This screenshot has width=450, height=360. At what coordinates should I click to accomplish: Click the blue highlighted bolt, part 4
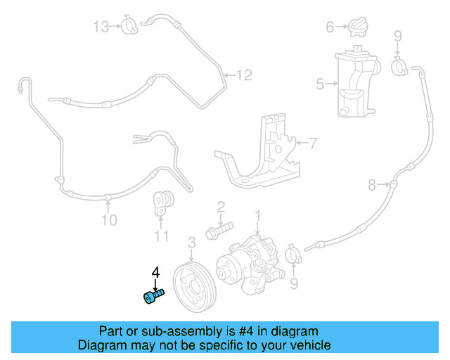coord(153,297)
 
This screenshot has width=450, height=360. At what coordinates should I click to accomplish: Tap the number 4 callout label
coord(155,271)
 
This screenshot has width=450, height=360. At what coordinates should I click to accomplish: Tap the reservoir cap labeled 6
coord(357,27)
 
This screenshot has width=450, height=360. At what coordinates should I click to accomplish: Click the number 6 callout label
coord(329,27)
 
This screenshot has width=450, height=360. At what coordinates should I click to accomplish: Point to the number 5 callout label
coord(320,84)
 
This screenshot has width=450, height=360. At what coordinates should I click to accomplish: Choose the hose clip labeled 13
coord(129,27)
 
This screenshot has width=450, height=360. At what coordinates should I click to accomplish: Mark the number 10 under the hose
coord(108,221)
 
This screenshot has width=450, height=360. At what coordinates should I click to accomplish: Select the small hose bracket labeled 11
coord(163,204)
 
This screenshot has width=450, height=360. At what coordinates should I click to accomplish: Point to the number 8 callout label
coord(373,185)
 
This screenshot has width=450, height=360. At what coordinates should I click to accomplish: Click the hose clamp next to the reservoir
coord(399,67)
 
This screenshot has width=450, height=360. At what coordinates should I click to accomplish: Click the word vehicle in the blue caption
coord(306,345)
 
